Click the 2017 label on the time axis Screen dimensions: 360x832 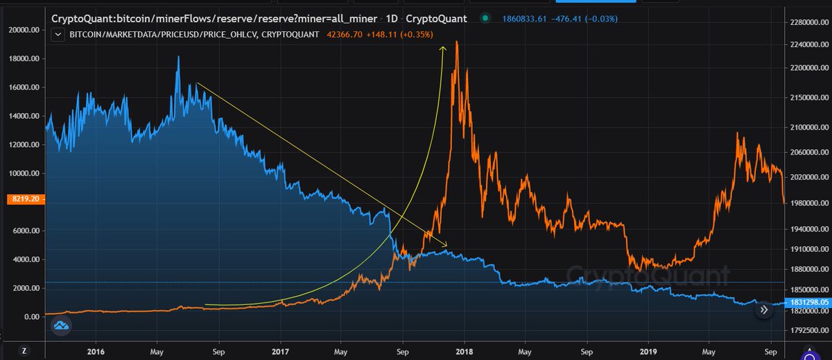pos(281,352)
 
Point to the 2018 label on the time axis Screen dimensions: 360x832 pos(464,352)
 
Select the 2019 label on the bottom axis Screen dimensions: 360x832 pos(648,352)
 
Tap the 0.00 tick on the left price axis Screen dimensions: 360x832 pos(31,317)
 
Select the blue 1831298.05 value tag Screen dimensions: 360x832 pos(807,303)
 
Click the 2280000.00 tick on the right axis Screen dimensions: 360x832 pos(807,24)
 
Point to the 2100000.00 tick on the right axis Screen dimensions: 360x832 pos(807,128)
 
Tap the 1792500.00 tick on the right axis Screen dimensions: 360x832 pos(807,331)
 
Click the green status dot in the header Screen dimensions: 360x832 pos(484,18)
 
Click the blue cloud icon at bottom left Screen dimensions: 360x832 pos(60,325)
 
